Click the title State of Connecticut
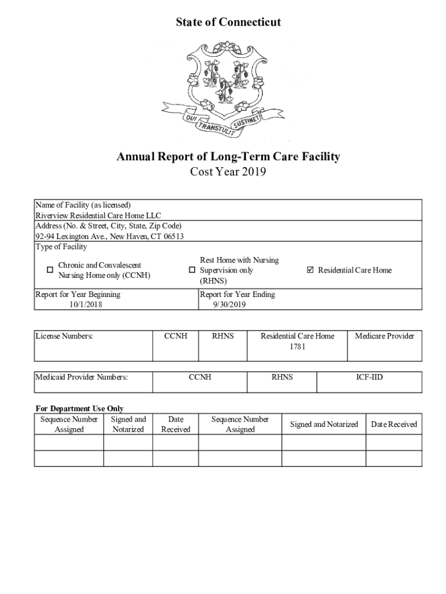click(228, 22)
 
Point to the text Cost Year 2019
click(228, 172)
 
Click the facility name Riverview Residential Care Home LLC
click(98, 215)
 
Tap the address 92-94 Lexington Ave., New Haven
click(109, 236)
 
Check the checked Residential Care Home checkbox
click(310, 270)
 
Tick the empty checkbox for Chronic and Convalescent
click(50, 270)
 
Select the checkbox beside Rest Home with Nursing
click(192, 270)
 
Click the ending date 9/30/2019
click(229, 305)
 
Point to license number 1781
click(297, 347)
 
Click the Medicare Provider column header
click(384, 336)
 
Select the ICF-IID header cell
click(369, 377)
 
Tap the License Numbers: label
click(64, 336)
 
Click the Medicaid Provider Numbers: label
click(81, 377)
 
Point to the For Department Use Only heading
click(79, 408)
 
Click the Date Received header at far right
click(394, 424)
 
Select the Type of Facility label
click(61, 247)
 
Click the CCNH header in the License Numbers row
click(176, 336)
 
